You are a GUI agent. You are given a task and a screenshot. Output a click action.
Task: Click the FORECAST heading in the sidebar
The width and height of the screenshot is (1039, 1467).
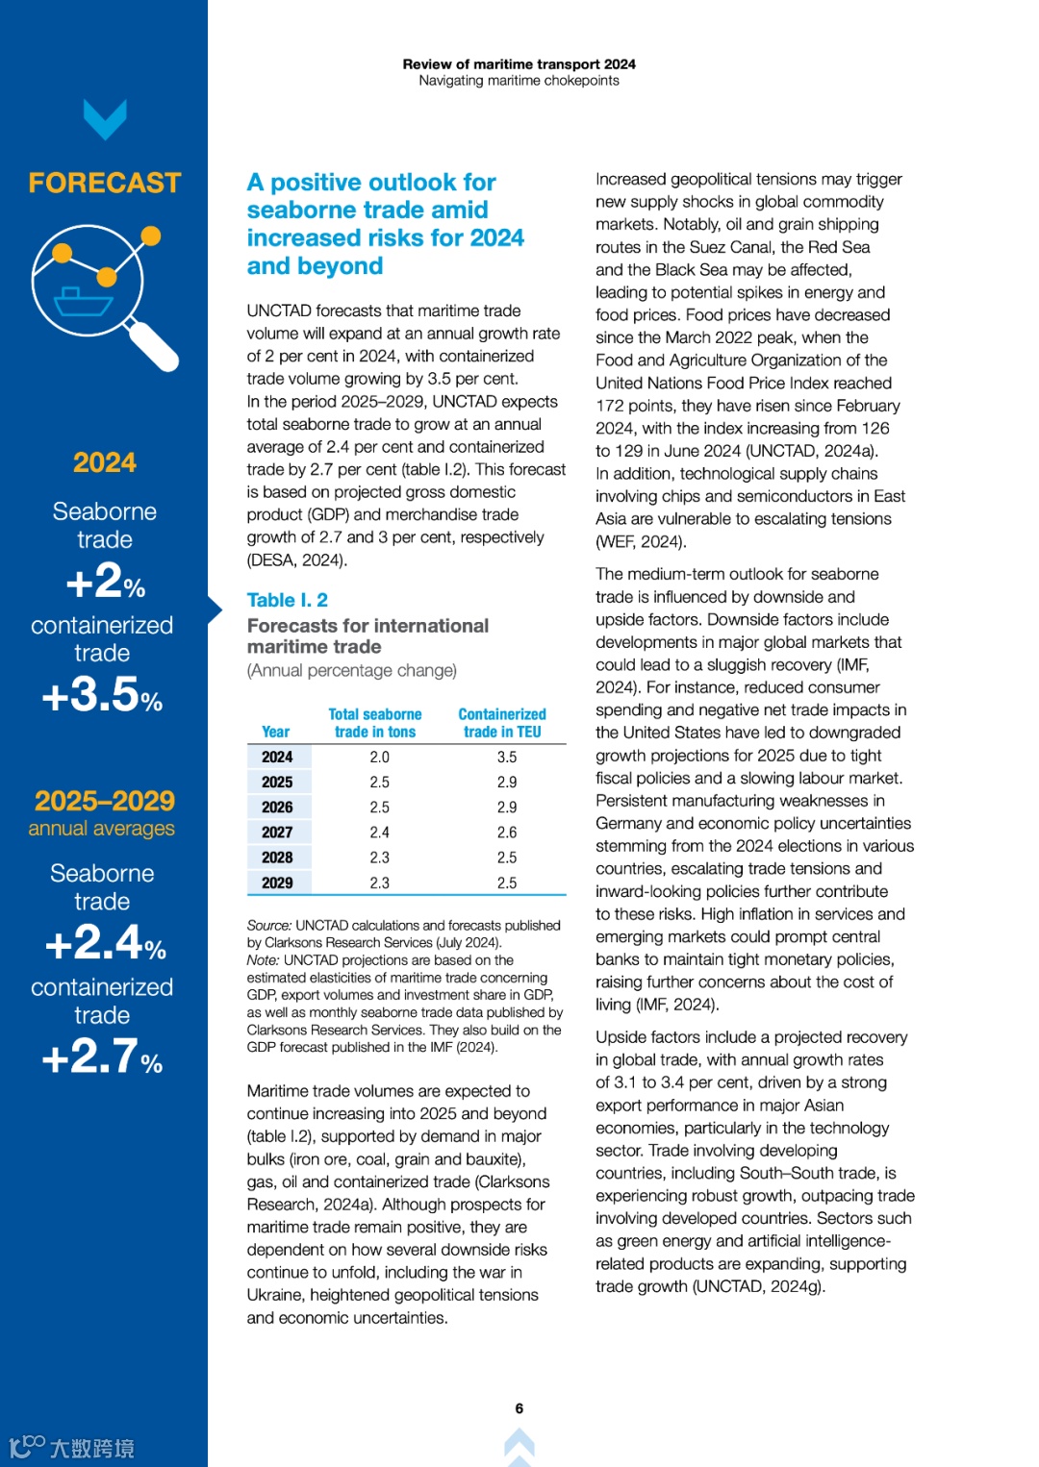104,183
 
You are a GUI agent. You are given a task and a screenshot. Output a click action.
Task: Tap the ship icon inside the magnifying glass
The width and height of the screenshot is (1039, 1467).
84,301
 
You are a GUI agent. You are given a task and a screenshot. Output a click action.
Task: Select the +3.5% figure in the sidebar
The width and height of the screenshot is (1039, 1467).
102,694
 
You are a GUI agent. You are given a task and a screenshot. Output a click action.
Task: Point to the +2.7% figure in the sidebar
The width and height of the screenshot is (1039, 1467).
102,1057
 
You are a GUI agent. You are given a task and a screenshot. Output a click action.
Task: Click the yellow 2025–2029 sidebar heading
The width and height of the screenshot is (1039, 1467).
104,801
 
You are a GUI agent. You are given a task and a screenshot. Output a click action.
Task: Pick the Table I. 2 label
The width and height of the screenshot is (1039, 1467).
287,600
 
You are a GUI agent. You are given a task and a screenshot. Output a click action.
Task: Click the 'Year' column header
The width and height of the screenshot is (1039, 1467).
275,732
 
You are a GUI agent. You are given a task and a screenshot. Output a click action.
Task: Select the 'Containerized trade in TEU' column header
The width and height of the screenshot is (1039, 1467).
502,723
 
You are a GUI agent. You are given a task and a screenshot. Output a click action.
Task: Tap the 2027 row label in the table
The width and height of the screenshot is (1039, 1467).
277,833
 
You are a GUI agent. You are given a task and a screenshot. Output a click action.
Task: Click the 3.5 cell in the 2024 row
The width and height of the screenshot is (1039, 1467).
507,758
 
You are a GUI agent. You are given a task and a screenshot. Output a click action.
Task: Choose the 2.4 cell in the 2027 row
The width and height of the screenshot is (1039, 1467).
380,833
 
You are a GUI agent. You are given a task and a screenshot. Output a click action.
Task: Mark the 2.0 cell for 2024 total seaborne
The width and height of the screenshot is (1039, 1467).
380,758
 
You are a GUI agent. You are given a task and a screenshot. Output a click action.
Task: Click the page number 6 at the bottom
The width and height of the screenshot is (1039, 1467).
519,1408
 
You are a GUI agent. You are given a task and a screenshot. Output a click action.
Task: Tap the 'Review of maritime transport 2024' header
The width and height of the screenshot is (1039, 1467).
519,64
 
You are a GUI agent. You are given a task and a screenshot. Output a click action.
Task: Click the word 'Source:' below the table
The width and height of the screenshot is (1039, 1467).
268,925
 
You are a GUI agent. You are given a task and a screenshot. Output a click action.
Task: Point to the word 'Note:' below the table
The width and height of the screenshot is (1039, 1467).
263,959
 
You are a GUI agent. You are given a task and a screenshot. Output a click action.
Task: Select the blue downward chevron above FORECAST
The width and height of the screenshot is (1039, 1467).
105,119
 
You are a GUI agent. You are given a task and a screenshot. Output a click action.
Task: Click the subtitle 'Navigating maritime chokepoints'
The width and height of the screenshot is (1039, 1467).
519,81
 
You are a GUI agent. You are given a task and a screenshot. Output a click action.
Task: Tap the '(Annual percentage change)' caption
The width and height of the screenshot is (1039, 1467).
352,670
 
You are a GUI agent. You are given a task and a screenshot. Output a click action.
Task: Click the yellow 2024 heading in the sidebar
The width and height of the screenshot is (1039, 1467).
104,462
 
